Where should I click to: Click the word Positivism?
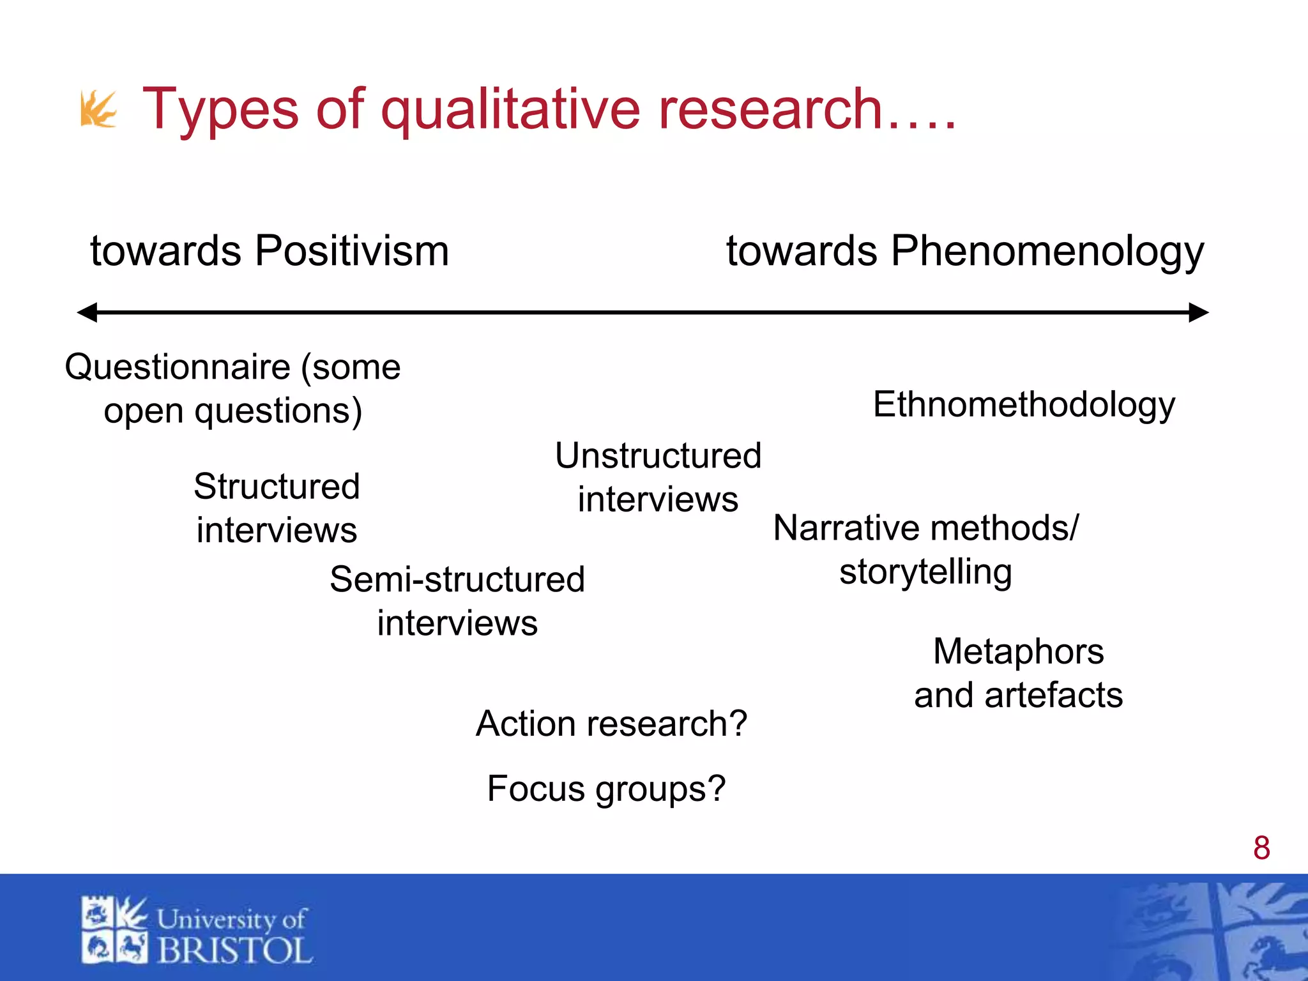[x=352, y=250]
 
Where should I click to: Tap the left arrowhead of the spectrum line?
[x=87, y=312]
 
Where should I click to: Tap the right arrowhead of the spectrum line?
[x=1198, y=312]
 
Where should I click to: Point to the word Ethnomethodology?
[x=1024, y=405]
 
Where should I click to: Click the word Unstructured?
[x=658, y=456]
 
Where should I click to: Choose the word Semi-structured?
[x=457, y=580]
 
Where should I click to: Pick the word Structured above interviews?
[x=277, y=487]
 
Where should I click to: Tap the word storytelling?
[x=925, y=572]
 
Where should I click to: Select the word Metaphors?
[x=1018, y=652]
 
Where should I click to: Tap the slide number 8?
[x=1261, y=848]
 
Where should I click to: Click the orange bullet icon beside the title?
[x=98, y=109]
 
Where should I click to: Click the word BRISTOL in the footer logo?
[x=234, y=950]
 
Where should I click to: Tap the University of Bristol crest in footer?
[x=114, y=930]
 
